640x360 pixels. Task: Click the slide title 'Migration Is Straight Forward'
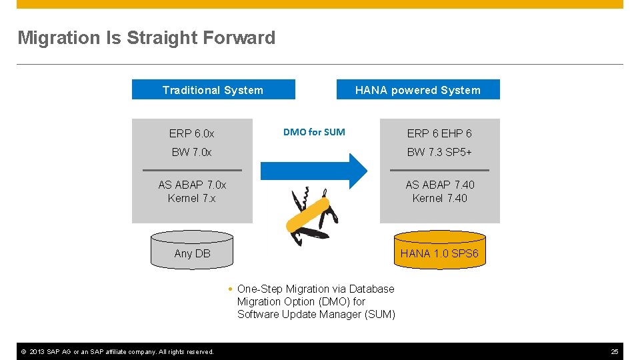pos(146,38)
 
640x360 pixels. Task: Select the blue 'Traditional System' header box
pos(213,90)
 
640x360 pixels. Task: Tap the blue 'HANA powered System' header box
pos(417,90)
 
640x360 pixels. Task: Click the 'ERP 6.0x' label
pos(192,134)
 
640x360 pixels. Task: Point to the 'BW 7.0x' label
pos(192,152)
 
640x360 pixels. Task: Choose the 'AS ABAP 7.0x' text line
pos(192,185)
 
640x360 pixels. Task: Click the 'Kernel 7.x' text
pos(192,198)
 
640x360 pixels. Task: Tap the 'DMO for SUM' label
pos(314,132)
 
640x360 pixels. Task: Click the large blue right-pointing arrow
pos(313,171)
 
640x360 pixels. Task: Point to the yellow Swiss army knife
pos(312,215)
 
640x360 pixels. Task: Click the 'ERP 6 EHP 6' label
pos(439,134)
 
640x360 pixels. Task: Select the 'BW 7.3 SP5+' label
pos(439,152)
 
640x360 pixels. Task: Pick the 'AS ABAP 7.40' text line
pos(439,185)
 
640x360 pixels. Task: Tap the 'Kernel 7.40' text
pos(439,198)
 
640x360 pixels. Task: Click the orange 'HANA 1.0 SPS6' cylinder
pos(439,250)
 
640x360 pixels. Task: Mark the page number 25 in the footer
pos(615,351)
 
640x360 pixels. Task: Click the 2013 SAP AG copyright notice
pos(117,351)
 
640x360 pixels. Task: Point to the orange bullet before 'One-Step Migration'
pos(229,289)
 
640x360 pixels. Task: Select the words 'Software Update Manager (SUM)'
pos(316,315)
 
